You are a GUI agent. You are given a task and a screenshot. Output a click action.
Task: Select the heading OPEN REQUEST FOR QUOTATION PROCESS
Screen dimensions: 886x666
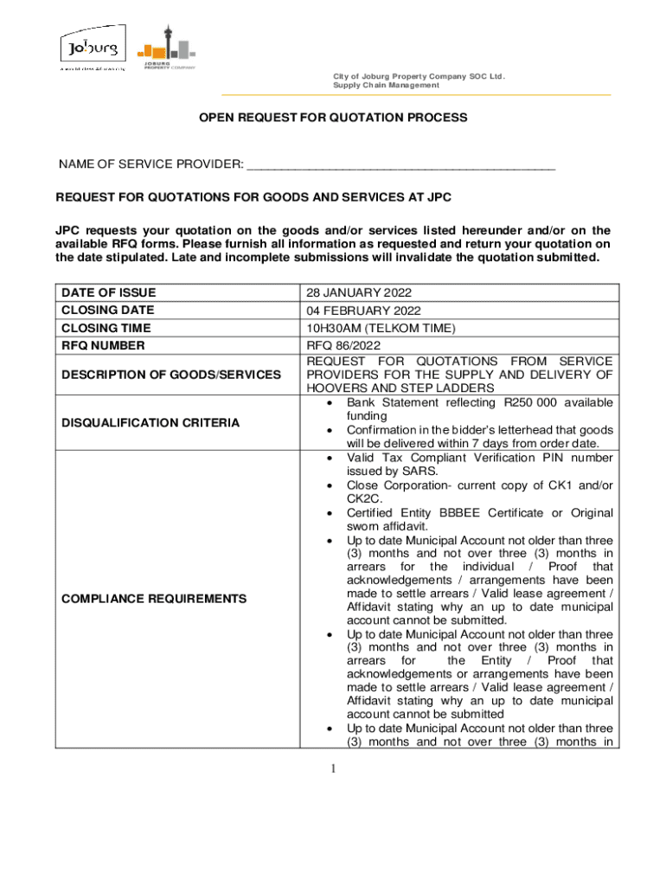pyautogui.click(x=333, y=117)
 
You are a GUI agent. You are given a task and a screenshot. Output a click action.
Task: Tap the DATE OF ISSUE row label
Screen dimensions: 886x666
pyautogui.click(x=108, y=292)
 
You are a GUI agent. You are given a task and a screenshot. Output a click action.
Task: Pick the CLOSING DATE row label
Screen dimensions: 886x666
pyautogui.click(x=107, y=310)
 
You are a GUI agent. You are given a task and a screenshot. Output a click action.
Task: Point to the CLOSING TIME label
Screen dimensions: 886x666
pyautogui.click(x=106, y=328)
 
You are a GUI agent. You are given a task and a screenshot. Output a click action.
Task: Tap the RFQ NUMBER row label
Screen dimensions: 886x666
pyautogui.click(x=103, y=345)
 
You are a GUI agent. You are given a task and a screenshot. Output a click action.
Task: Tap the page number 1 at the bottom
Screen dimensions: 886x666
pyautogui.click(x=333, y=770)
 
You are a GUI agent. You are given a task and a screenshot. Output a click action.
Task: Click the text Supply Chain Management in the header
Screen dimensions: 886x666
pyautogui.click(x=387, y=86)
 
